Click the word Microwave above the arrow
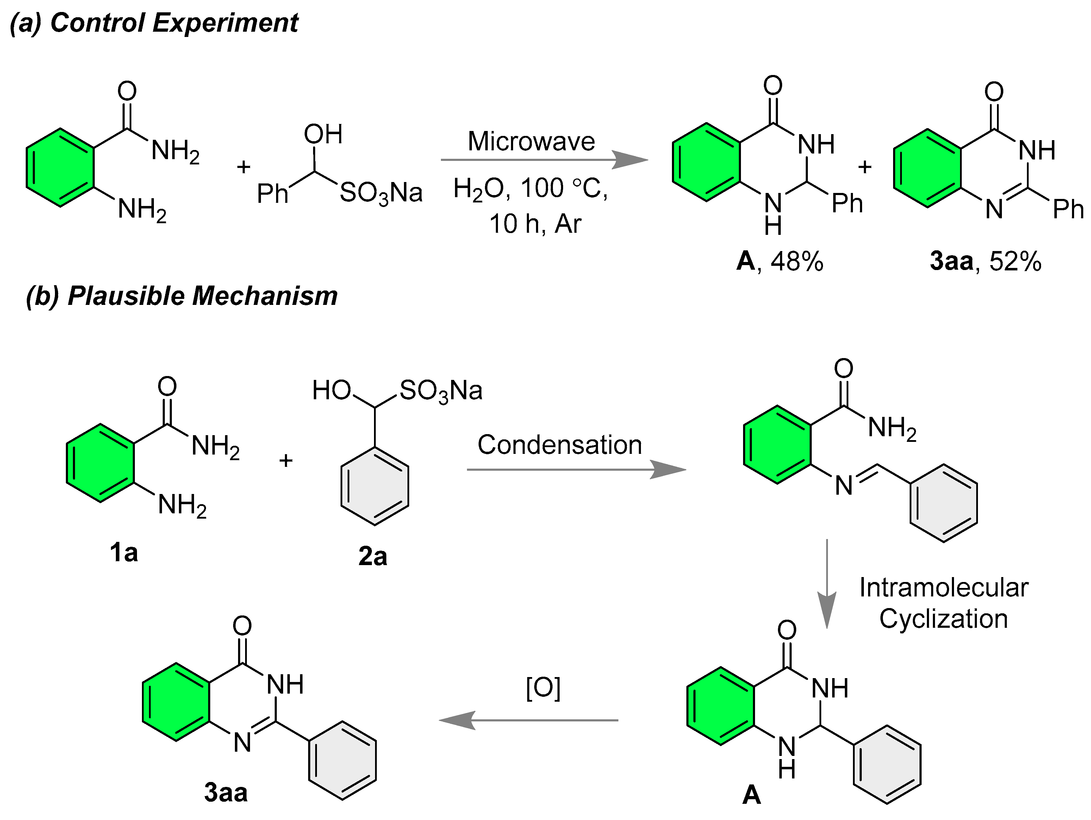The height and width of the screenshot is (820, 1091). (531, 142)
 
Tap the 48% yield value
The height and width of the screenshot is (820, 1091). (797, 261)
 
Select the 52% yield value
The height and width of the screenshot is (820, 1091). (1015, 261)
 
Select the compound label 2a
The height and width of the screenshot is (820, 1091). (372, 556)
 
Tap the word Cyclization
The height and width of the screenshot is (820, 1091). (943, 619)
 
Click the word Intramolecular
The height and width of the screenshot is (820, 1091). (943, 588)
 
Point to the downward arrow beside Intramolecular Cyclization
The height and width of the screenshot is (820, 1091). (827, 584)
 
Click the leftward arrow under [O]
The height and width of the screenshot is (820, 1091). (528, 720)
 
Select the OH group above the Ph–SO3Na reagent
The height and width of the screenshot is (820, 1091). (323, 134)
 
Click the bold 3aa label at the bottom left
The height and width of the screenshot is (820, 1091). (225, 793)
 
